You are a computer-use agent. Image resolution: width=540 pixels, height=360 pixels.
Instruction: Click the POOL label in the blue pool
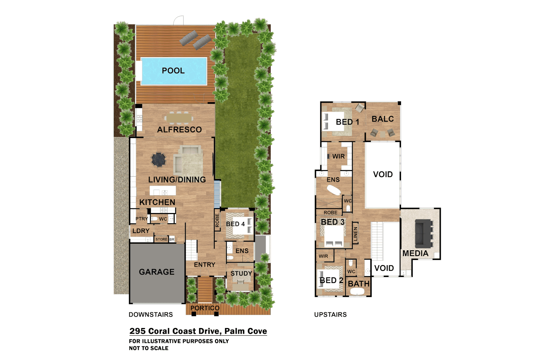pos(173,71)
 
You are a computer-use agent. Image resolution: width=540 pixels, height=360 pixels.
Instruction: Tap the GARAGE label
pos(157,272)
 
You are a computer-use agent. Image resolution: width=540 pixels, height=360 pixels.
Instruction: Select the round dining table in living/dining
pos(158,159)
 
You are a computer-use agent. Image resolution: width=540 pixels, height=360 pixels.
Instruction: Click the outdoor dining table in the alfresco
pos(179,118)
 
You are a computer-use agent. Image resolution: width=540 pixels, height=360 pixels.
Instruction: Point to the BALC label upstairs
pos(383,119)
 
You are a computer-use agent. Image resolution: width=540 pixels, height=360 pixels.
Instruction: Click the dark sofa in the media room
pos(423,233)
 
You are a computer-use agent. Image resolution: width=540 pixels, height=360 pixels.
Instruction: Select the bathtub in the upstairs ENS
pos(333,190)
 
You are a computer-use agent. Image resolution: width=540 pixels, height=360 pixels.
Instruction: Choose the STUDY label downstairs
pos(241,273)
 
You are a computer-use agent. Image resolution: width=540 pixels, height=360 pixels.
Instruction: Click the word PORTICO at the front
pos(205,308)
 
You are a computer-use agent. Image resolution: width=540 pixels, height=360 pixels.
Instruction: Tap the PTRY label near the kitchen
pos(141,219)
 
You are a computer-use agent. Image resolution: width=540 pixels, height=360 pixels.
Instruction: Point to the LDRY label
pos(141,231)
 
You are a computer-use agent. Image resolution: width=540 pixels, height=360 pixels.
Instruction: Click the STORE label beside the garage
pos(161,239)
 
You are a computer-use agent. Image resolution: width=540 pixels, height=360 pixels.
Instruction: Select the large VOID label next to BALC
pos(383,174)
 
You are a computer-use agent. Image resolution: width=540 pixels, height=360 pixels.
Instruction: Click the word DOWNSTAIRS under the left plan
pos(151,315)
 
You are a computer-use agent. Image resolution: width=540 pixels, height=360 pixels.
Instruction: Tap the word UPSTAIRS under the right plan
pos(330,315)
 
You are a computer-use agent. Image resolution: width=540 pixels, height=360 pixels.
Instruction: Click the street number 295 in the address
pos(137,331)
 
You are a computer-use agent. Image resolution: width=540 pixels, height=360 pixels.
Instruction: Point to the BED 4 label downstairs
pos(235,224)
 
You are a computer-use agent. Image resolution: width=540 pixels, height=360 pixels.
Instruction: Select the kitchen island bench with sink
pos(163,191)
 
